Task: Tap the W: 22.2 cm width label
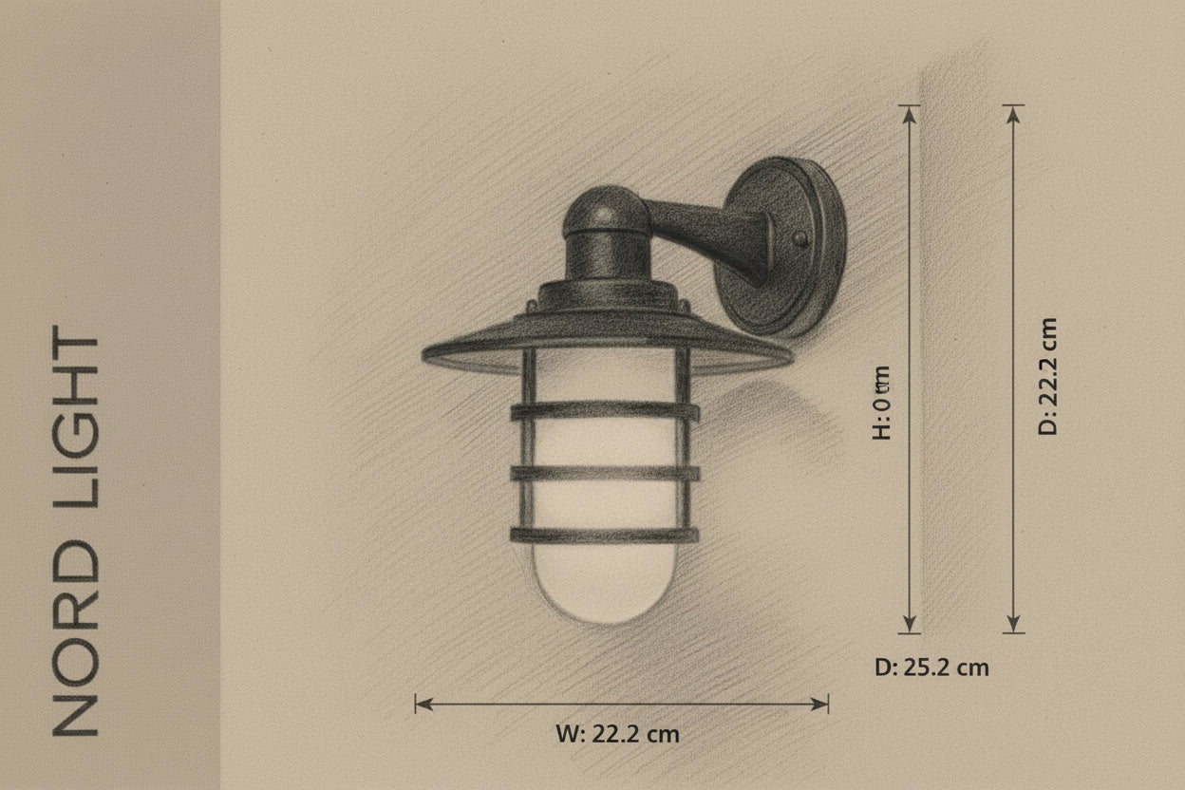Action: point(617,734)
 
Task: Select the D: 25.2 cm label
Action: point(931,668)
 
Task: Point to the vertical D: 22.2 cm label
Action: point(1047,376)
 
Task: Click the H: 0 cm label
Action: point(882,403)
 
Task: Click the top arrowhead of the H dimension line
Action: point(910,113)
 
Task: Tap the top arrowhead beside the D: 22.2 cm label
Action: point(1013,113)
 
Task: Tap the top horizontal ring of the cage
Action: point(605,412)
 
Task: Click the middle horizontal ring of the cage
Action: point(605,472)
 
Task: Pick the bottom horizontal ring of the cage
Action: point(605,535)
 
